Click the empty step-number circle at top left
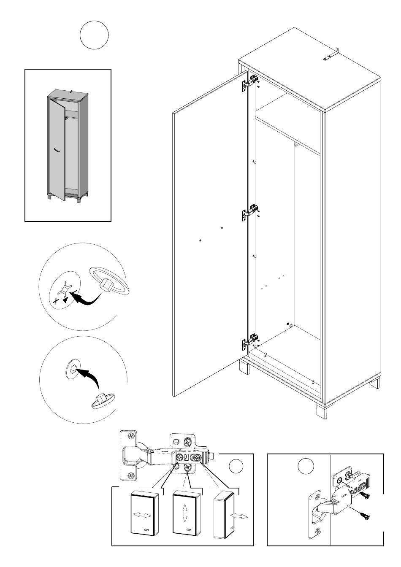pyautogui.click(x=94, y=35)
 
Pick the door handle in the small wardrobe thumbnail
pyautogui.click(x=57, y=151)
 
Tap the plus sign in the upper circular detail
pyautogui.click(x=55, y=302)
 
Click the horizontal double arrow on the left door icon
pyautogui.click(x=142, y=516)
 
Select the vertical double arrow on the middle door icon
pyautogui.click(x=185, y=515)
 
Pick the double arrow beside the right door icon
pyautogui.click(x=238, y=517)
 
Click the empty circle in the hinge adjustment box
pyautogui.click(x=236, y=467)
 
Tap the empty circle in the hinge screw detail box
pyautogui.click(x=306, y=467)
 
